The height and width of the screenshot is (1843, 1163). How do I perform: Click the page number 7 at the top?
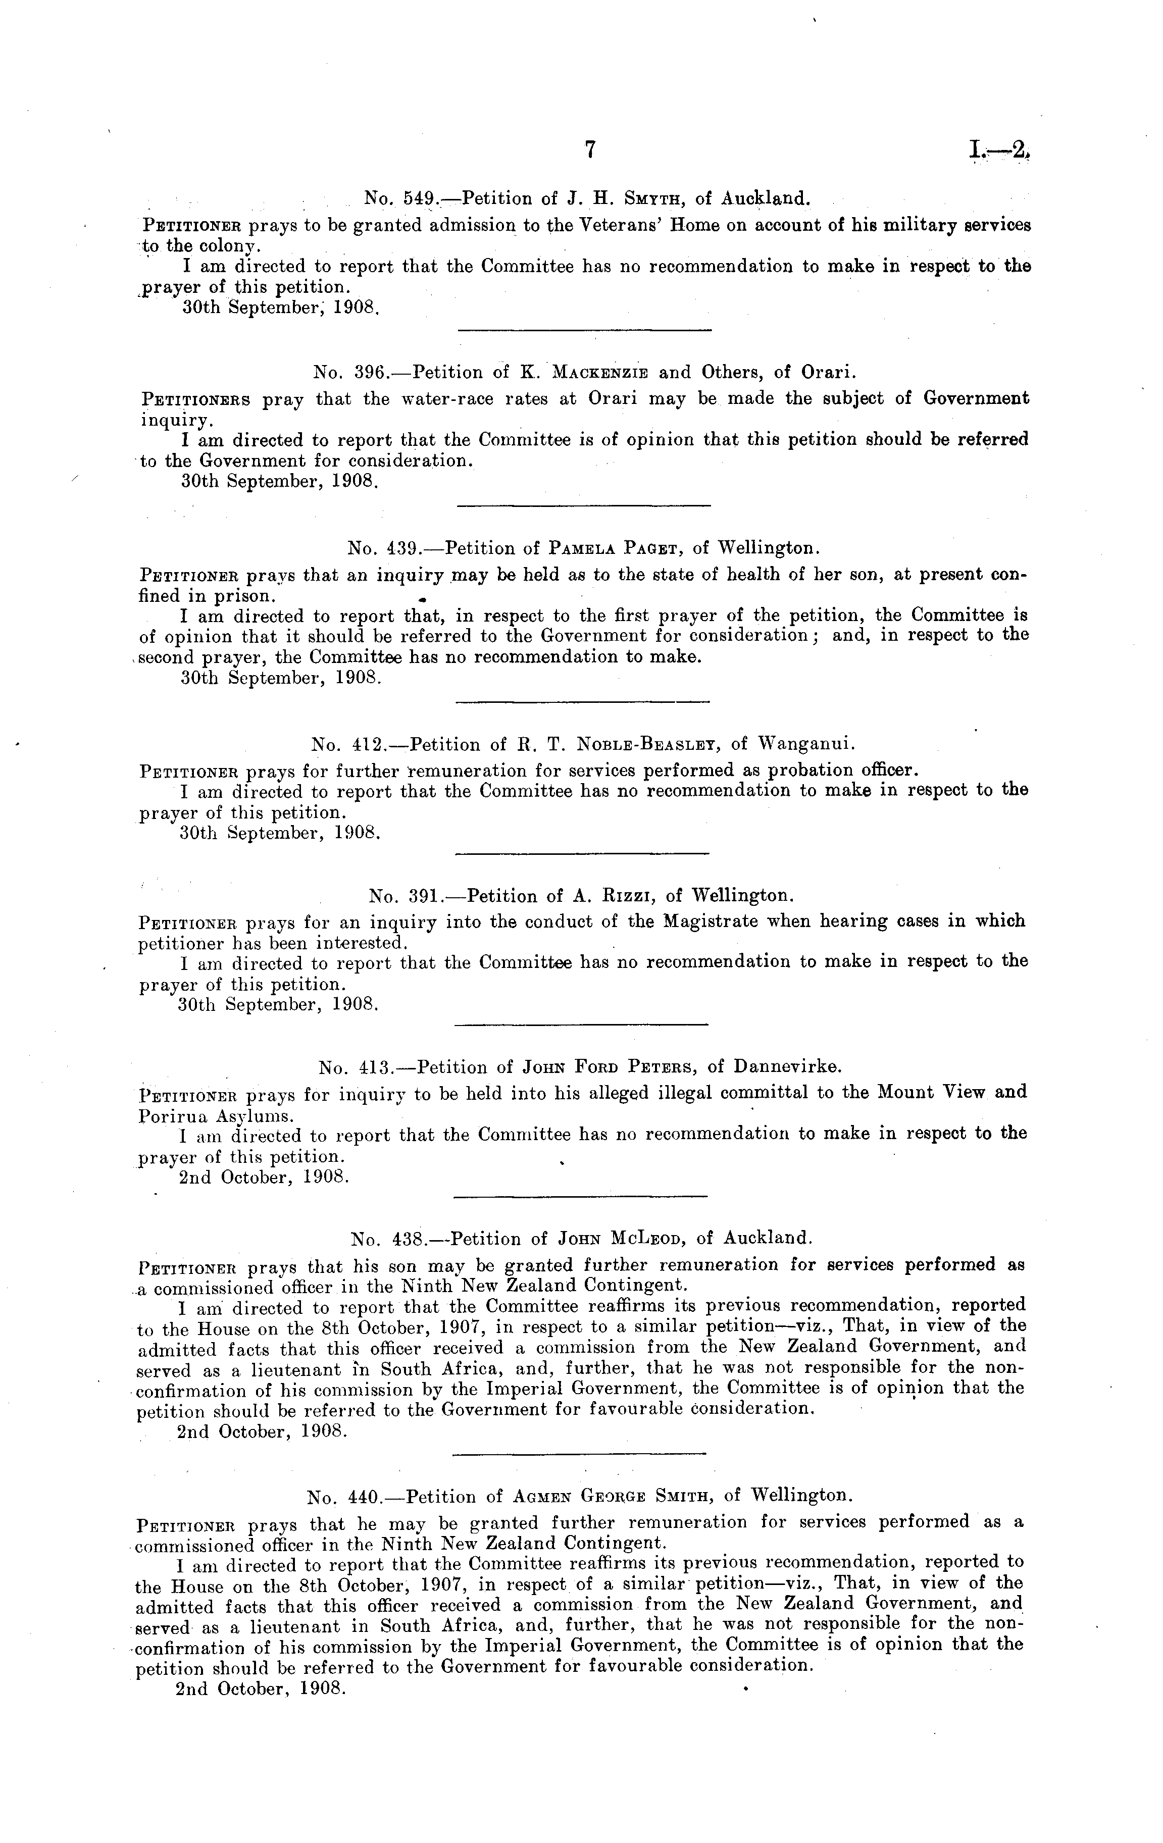point(589,150)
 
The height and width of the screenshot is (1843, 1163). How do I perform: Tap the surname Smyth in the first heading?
point(656,200)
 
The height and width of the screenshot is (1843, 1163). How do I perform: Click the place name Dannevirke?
point(787,1067)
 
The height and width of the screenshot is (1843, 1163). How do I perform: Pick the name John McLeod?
point(616,1239)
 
